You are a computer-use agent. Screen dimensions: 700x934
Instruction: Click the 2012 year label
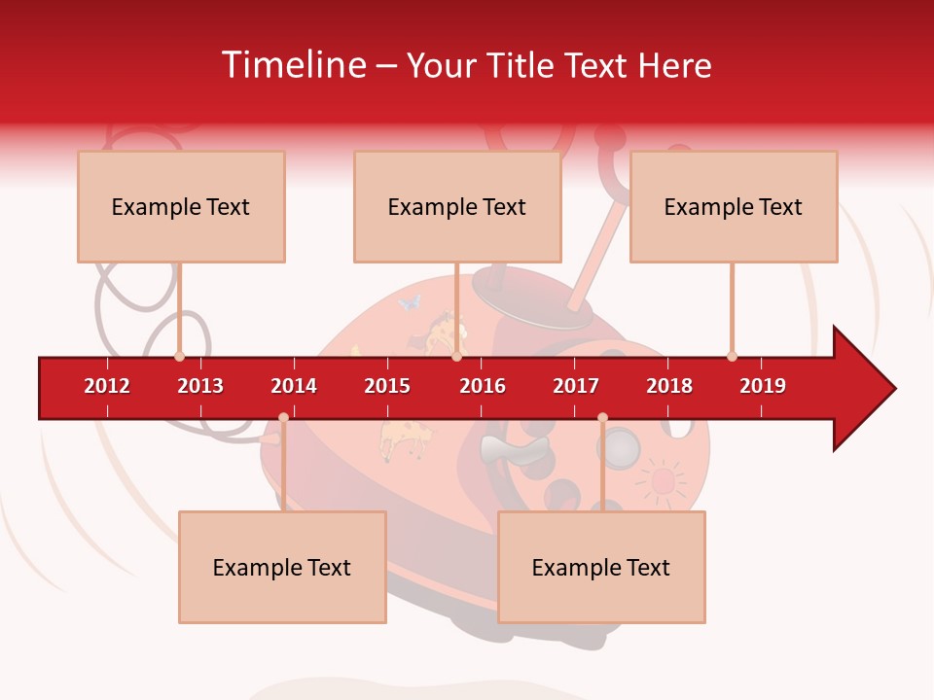tap(107, 386)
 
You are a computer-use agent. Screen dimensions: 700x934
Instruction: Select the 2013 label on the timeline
tap(200, 386)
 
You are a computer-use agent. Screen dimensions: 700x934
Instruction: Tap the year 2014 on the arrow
tap(294, 386)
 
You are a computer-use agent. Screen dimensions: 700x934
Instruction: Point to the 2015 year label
tap(387, 386)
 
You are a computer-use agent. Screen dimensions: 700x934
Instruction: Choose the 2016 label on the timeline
tap(483, 386)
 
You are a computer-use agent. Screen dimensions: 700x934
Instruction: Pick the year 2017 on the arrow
tap(576, 386)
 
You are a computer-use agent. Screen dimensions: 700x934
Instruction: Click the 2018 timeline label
tap(669, 386)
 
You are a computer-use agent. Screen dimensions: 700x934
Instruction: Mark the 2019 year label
tap(763, 386)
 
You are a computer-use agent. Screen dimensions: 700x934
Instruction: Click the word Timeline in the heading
tap(293, 65)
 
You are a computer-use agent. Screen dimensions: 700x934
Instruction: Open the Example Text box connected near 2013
tap(181, 207)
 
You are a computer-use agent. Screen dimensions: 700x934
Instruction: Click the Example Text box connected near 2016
tap(457, 207)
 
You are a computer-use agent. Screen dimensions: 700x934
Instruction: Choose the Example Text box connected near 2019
tap(734, 207)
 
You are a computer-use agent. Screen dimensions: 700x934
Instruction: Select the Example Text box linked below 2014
tap(282, 568)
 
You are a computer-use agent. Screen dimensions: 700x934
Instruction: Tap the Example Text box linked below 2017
tap(601, 568)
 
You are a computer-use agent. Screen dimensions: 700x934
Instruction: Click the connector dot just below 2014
tap(283, 417)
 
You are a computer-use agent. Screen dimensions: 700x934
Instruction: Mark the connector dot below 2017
tap(602, 417)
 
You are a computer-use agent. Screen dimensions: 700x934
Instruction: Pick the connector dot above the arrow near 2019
tap(732, 356)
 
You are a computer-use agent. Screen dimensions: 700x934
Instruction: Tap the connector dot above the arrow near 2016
tap(456, 356)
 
